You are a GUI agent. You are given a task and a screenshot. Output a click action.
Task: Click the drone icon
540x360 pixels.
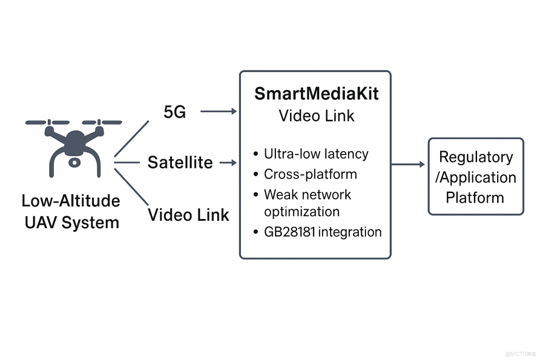73,146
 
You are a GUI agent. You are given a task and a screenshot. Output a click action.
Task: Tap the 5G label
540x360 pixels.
175,112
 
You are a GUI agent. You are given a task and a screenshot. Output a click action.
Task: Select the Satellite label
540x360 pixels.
180,162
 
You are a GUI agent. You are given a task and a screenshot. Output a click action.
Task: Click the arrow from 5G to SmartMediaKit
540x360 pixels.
219,111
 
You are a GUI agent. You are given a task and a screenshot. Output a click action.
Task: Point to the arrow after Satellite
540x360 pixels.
228,162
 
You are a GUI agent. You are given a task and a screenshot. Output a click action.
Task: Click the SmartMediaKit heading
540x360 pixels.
317,94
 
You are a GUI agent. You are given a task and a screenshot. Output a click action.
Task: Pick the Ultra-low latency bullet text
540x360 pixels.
316,154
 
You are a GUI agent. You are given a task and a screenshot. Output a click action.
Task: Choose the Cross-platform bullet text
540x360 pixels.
310,174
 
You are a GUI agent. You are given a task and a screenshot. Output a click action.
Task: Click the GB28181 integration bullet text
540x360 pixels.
322,232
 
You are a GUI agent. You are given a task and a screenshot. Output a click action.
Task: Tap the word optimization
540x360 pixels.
301,212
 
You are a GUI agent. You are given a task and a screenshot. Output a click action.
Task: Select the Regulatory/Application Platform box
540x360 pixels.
476,177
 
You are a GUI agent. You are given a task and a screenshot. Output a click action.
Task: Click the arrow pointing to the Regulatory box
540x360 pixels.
408,164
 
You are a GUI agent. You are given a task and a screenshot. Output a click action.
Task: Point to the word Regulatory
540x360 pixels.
476,157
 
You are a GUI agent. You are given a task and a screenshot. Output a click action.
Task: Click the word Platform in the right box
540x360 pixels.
475,198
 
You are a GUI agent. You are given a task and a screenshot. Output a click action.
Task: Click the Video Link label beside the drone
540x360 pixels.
188,214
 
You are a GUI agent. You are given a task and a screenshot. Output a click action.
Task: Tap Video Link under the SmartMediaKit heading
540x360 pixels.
317,115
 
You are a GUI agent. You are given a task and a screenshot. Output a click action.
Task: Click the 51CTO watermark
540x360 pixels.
521,354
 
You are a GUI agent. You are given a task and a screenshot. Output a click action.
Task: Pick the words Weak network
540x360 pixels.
307,194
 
